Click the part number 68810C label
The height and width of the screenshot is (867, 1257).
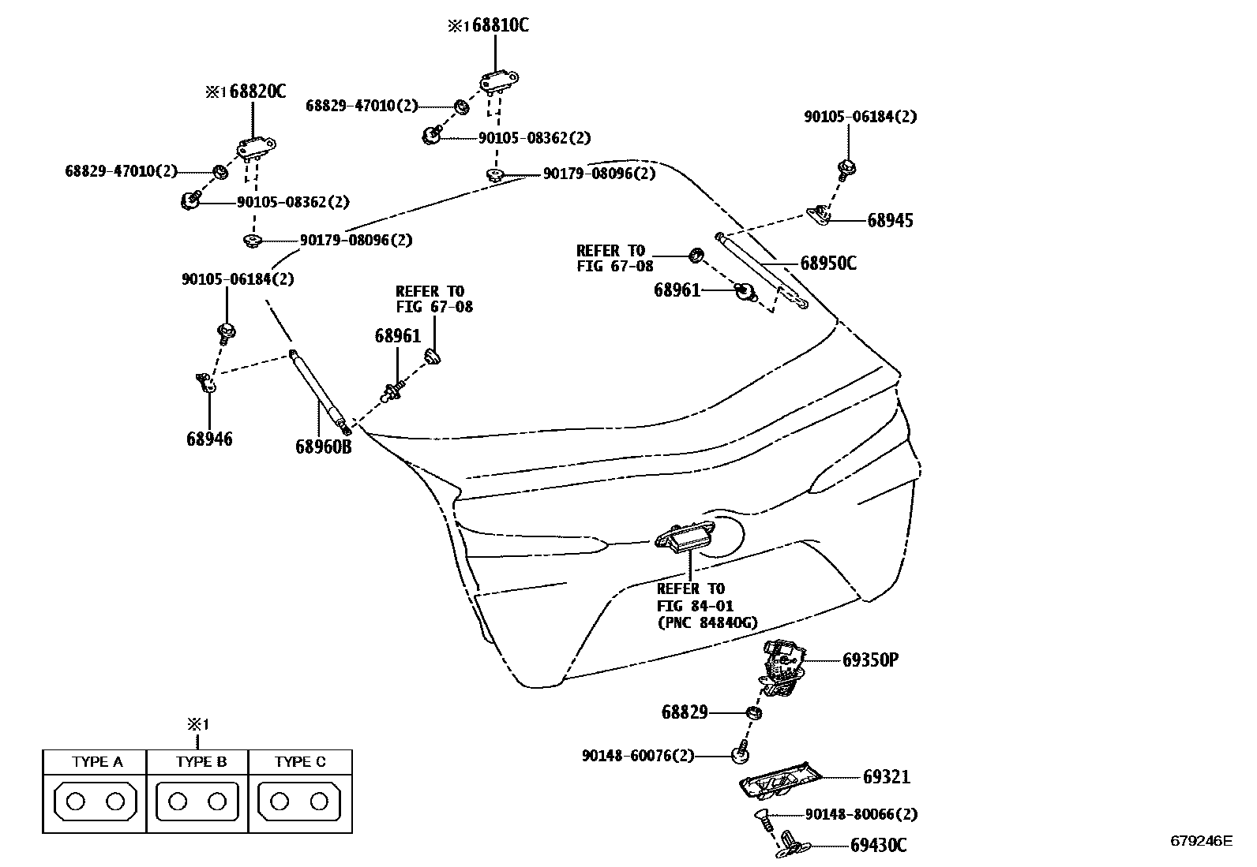[x=495, y=25]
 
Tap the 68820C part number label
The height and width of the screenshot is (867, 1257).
[x=252, y=92]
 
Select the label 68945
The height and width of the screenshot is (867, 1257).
[x=890, y=221]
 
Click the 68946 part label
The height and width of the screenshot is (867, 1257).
[x=209, y=439]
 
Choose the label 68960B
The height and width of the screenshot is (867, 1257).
[x=323, y=447]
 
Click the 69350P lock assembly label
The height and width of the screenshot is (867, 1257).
[x=870, y=660]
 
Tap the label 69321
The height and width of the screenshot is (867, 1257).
[x=886, y=777]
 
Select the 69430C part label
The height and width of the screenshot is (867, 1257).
[x=878, y=846]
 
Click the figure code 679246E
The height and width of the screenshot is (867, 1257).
[x=1200, y=840]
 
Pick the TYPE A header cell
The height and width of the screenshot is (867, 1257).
[x=97, y=762]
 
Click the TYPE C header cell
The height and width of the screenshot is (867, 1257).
[x=300, y=762]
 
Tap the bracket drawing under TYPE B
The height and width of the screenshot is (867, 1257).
[x=197, y=802]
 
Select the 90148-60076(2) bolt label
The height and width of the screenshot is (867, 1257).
[x=637, y=756]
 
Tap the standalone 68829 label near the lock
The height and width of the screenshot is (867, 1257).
[x=684, y=713]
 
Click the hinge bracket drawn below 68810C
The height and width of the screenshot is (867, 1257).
[x=497, y=80]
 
